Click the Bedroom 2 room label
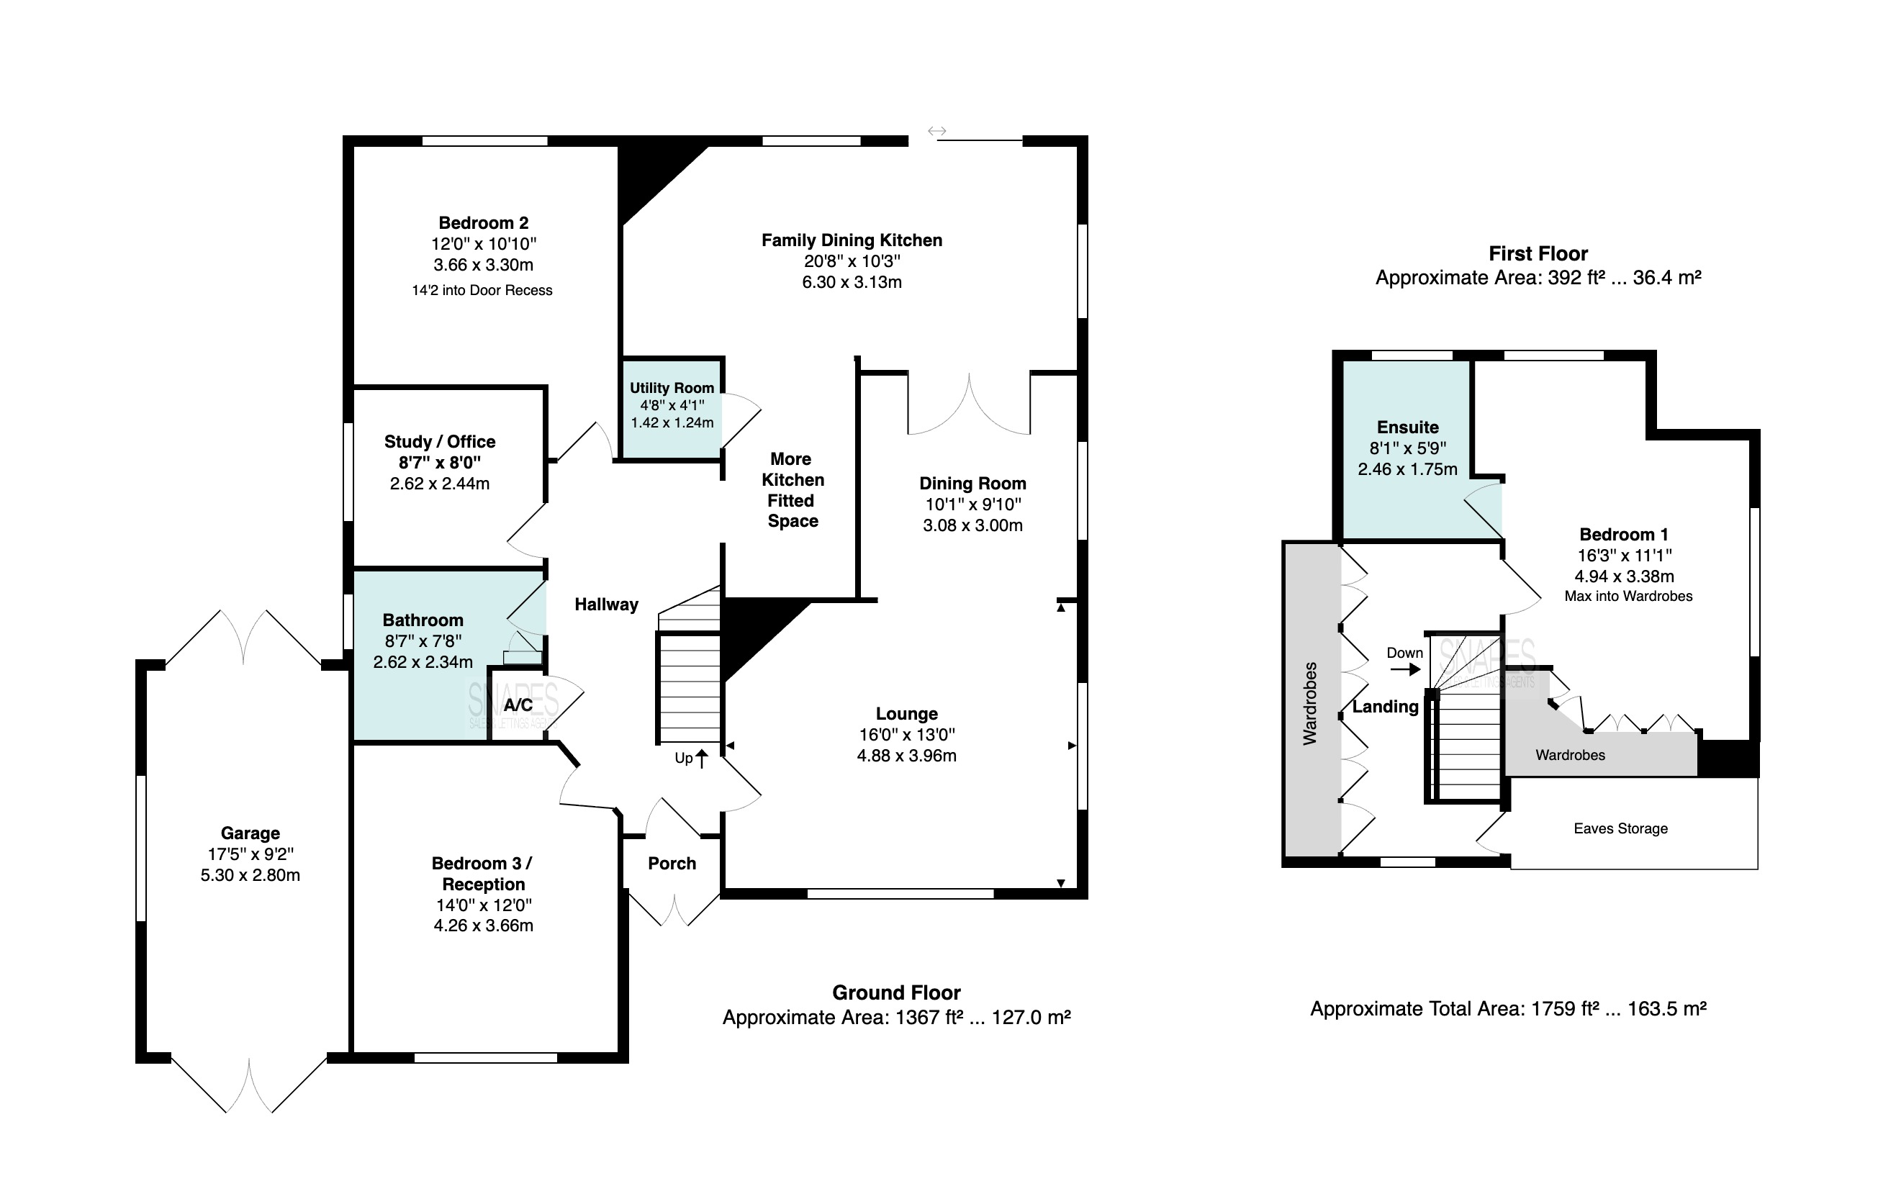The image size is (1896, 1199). [x=484, y=223]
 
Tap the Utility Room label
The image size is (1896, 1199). [x=672, y=387]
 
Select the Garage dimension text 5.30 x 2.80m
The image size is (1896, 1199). [x=250, y=874]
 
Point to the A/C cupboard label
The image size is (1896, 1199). [x=518, y=705]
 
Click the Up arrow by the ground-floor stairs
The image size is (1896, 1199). [x=702, y=758]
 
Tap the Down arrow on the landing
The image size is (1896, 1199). [x=1404, y=670]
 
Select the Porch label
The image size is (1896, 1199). [x=672, y=863]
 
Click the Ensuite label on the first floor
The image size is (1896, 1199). [x=1408, y=427]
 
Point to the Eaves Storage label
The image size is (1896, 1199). [x=1620, y=828]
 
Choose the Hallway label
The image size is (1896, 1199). [x=606, y=605]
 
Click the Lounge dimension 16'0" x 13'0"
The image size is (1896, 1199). [x=907, y=735]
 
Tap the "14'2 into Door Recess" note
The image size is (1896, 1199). [x=482, y=290]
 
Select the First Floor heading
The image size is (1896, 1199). [x=1538, y=253]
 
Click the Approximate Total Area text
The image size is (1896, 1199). [x=1508, y=1008]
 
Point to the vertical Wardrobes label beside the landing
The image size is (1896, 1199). [x=1309, y=704]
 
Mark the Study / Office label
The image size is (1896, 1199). [x=439, y=442]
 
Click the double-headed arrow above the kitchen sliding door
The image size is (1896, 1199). [x=936, y=132]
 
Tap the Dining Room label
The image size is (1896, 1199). [x=972, y=484]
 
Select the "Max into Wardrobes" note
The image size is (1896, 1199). [x=1628, y=596]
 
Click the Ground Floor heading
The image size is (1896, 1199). [x=896, y=992]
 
